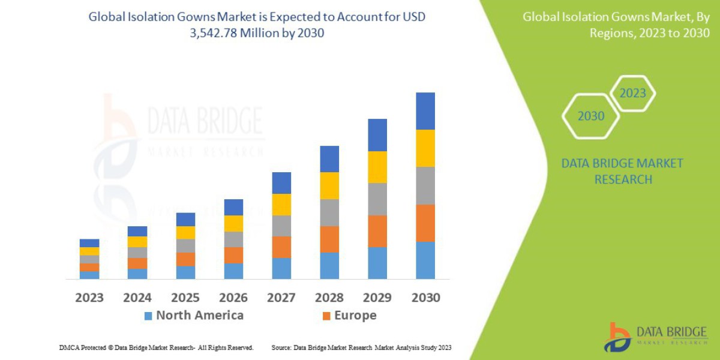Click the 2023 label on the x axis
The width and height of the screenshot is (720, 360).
[x=89, y=297]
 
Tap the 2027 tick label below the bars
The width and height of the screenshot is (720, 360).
[x=281, y=297]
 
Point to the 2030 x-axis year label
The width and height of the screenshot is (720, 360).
[x=425, y=297]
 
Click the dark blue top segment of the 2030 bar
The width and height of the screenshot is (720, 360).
[x=425, y=111]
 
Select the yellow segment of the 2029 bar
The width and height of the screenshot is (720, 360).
[x=377, y=167]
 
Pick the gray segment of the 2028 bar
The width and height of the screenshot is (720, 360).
[x=329, y=212]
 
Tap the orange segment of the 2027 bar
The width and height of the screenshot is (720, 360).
[x=281, y=247]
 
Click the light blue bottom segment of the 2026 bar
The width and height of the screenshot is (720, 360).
[x=233, y=271]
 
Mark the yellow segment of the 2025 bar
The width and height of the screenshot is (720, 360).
[x=185, y=233]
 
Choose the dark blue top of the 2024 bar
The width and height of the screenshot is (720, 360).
[x=137, y=231]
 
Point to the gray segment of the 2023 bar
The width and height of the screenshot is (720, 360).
[x=89, y=259]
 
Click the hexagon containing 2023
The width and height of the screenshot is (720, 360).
[x=632, y=94]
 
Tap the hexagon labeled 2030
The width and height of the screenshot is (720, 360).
[x=590, y=116]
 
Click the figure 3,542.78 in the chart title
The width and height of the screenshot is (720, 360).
[x=214, y=33]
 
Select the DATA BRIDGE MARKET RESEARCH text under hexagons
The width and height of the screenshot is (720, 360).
[x=622, y=171]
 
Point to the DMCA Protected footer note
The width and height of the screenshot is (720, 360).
[x=157, y=347]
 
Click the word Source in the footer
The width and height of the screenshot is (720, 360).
[x=283, y=347]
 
